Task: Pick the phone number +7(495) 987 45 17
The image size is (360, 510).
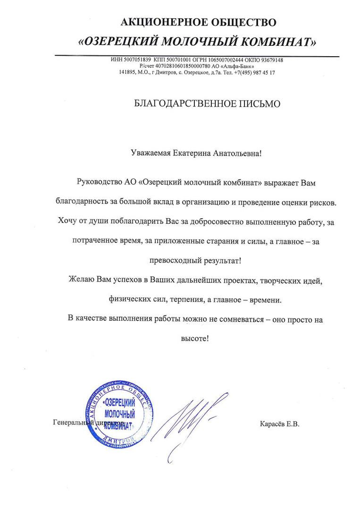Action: point(254,73)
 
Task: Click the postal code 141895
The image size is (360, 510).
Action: point(127,73)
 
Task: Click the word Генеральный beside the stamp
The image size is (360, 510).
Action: point(71,423)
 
